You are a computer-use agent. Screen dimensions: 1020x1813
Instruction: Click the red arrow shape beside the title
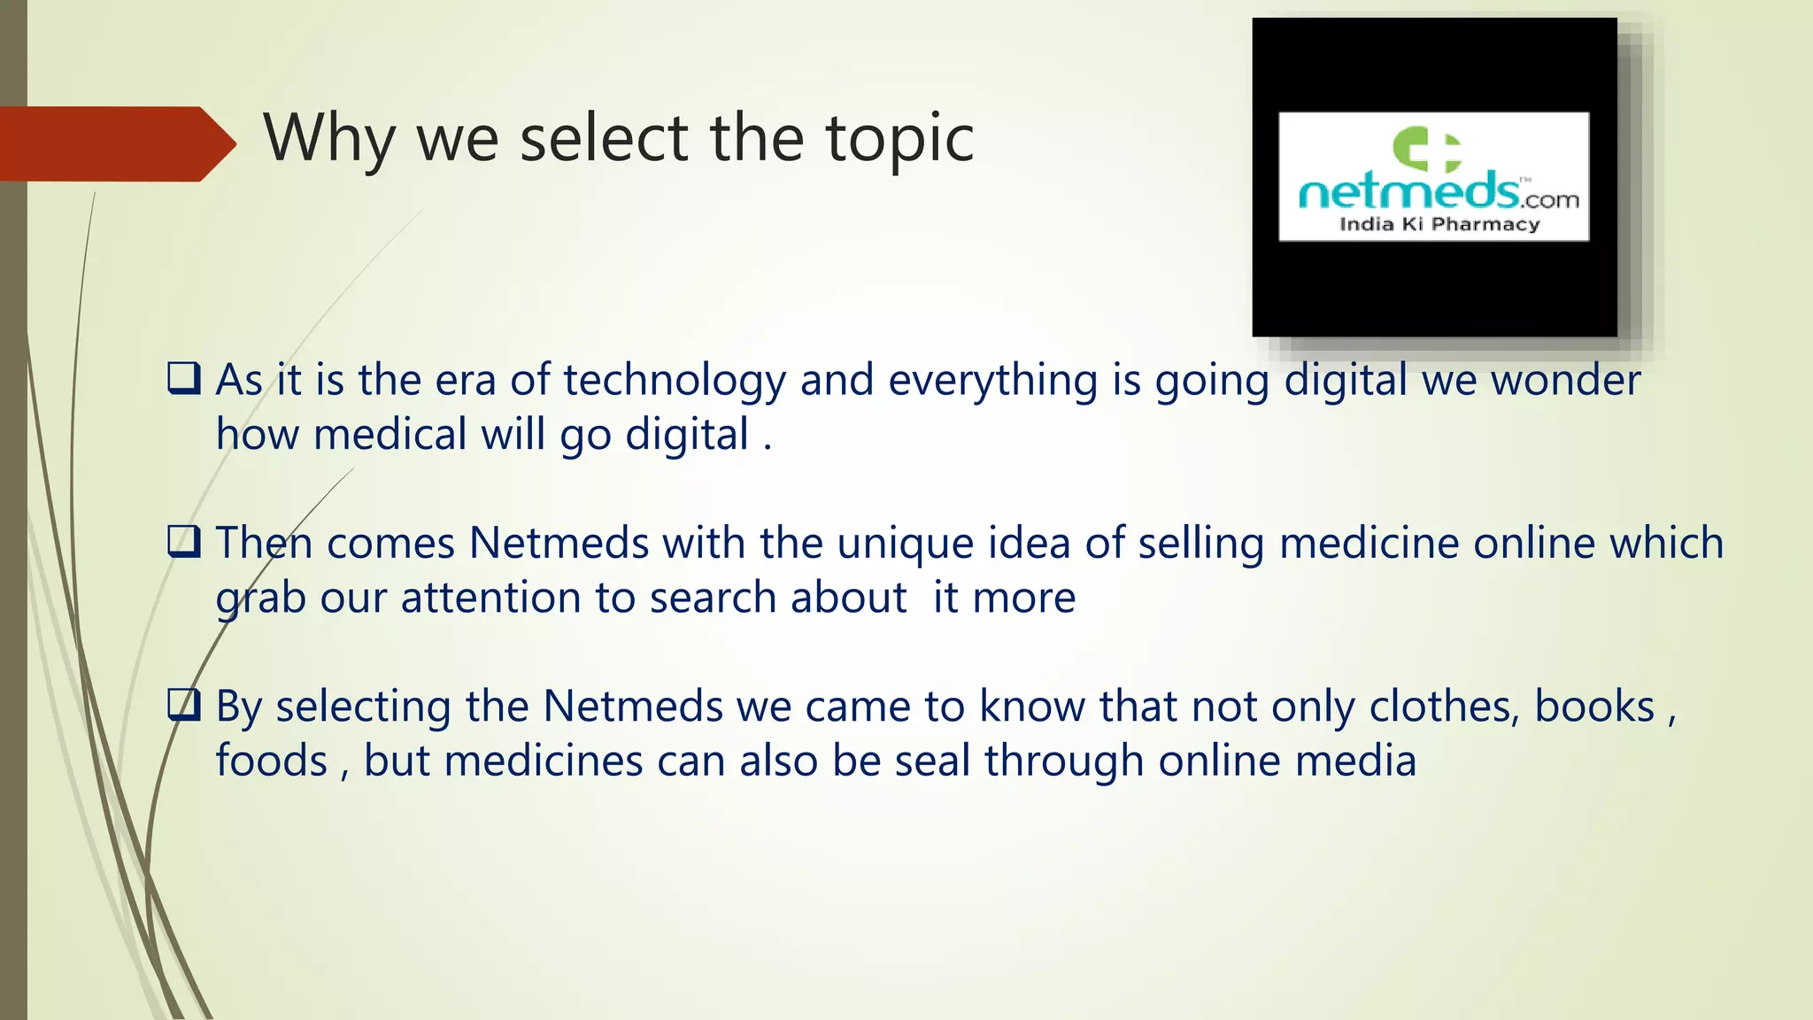[x=115, y=143]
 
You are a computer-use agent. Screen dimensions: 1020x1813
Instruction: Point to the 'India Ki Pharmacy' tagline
[x=1439, y=224]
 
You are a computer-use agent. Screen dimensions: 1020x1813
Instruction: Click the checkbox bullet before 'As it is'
[x=184, y=378]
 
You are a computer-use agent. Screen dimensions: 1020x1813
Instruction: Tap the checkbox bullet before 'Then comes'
[x=184, y=541]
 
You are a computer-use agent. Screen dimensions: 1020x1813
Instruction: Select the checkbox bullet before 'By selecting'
[x=184, y=705]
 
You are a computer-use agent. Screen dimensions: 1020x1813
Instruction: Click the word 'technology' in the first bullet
[x=675, y=381]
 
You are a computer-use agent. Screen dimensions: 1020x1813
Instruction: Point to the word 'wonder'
[x=1565, y=381]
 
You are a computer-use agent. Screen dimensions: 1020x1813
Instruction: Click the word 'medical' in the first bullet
[x=390, y=435]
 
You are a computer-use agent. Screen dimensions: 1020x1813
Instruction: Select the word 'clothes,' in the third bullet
[x=1445, y=707]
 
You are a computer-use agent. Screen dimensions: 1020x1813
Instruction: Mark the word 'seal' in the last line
[x=932, y=761]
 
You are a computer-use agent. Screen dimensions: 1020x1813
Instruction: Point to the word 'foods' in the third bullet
[x=272, y=761]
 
